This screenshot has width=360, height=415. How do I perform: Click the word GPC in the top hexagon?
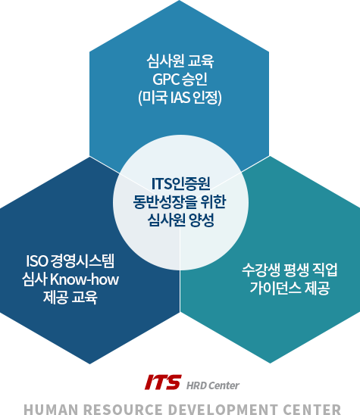pos(165,79)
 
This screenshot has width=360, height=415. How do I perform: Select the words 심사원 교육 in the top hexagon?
pos(180,61)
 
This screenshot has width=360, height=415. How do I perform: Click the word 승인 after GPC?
pos(195,79)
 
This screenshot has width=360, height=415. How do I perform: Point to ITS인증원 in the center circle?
pos(181,184)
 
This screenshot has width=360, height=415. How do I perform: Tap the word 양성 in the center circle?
pos(202,220)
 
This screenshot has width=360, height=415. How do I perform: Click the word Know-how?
pos(84,279)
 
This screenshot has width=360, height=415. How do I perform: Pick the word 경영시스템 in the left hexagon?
pos(83,261)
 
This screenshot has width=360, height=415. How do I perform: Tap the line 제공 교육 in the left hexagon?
pos(70,297)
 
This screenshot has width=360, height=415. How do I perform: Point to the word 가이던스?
pos(276,288)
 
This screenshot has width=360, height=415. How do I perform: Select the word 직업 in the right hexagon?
pos(325,270)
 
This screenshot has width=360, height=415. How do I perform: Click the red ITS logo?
pos(163,382)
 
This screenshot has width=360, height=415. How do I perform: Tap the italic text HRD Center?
pos(213,385)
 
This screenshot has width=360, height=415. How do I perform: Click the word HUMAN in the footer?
pos(51,410)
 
